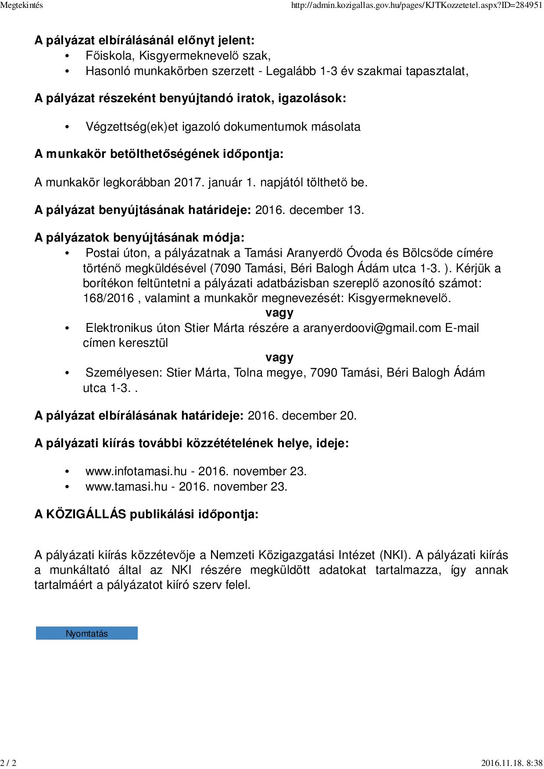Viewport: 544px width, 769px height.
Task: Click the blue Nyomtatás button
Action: tap(86, 633)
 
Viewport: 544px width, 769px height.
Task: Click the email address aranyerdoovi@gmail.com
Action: tap(372, 328)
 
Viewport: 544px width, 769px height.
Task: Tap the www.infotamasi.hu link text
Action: tap(136, 471)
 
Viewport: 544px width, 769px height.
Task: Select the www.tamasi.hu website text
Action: tap(126, 487)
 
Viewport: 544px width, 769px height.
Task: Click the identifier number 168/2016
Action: tap(108, 298)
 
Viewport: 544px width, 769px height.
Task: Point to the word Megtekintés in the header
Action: tap(21, 6)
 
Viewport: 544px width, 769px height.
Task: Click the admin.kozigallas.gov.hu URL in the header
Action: tap(416, 6)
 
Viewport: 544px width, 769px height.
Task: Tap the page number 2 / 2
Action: tap(8, 763)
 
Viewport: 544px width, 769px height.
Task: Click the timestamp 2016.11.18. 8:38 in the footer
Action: tap(512, 763)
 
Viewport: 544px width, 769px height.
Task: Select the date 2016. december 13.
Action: tap(309, 210)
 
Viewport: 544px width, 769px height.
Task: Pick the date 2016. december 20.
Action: tap(302, 415)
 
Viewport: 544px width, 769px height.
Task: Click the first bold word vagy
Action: tap(279, 313)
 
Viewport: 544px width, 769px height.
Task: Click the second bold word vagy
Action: tap(279, 357)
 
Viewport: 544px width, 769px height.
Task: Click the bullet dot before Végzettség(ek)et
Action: tap(67, 127)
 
